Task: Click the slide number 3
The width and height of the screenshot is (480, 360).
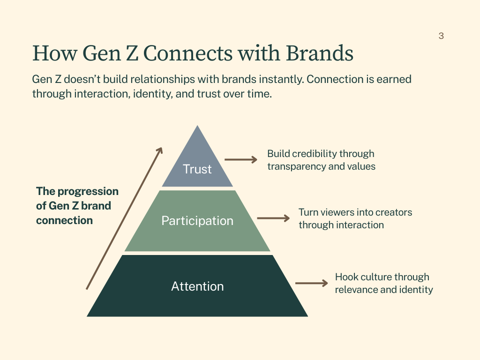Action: (x=441, y=36)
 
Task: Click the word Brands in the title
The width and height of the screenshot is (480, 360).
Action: (x=320, y=53)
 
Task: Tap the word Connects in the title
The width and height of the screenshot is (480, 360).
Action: (x=187, y=53)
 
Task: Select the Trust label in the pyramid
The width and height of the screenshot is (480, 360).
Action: (x=197, y=169)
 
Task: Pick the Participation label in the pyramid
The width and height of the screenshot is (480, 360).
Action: (x=197, y=221)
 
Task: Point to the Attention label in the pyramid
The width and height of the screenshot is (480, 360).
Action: (x=197, y=286)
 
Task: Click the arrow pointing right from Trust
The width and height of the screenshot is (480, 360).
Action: (x=241, y=159)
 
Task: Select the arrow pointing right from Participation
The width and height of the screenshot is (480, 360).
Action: (x=273, y=218)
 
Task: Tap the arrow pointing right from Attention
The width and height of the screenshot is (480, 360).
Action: (x=312, y=283)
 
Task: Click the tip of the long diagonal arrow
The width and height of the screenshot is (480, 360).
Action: (x=162, y=148)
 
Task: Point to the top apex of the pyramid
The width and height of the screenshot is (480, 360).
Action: (x=197, y=125)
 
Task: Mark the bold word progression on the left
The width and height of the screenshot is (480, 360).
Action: (x=88, y=192)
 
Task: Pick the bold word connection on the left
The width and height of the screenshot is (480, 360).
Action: (x=64, y=220)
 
